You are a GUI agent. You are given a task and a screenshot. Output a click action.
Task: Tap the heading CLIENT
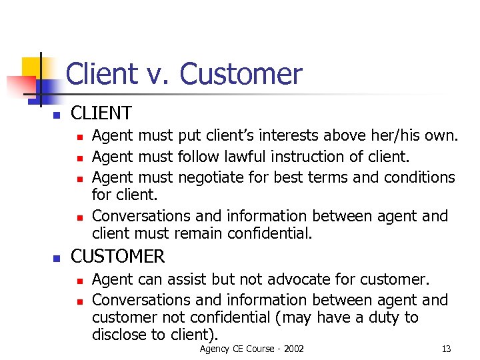point(101,113)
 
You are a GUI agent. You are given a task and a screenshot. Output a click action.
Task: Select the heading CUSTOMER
point(117,256)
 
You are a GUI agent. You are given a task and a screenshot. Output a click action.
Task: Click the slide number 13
point(446,349)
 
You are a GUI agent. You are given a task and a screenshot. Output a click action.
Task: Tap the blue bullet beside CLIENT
point(57,115)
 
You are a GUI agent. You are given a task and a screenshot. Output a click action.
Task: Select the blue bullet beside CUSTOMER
point(57,258)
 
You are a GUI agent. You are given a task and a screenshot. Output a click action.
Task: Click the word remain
point(199,234)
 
